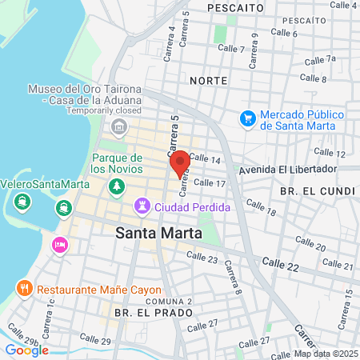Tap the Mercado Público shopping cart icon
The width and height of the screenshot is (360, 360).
(248, 119)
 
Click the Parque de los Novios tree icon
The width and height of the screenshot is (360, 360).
(118, 186)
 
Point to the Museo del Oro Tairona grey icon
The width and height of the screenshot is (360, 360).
(119, 126)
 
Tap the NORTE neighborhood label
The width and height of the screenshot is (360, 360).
(209, 81)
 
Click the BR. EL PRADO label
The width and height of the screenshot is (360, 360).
(143, 312)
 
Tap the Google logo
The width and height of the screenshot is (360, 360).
(26, 350)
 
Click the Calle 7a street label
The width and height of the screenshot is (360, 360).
(321, 59)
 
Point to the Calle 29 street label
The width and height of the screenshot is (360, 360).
(95, 341)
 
